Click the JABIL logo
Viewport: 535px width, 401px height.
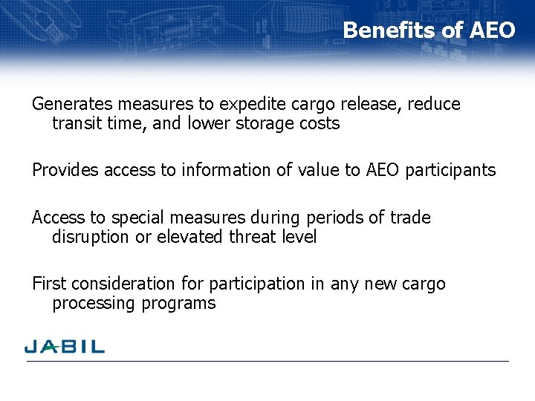pyautogui.click(x=65, y=346)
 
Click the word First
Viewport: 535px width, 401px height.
pyautogui.click(x=48, y=284)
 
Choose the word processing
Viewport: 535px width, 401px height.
pyautogui.click(x=91, y=303)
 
